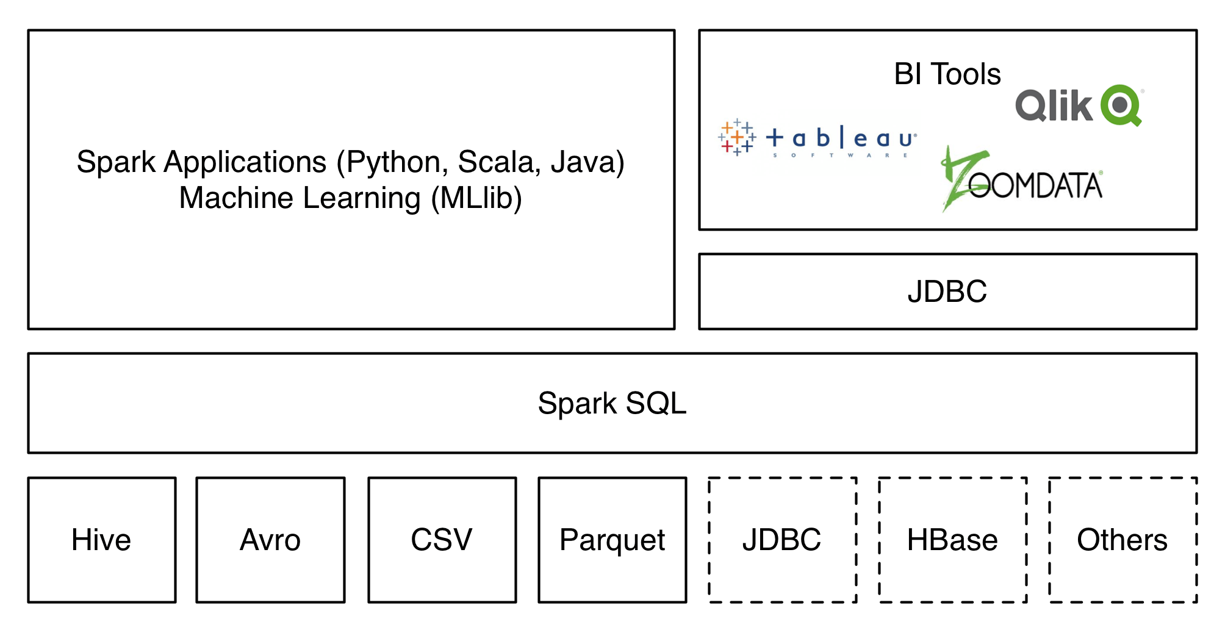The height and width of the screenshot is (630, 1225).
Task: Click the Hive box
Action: pos(102,540)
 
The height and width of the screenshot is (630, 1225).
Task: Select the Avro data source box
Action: pos(270,540)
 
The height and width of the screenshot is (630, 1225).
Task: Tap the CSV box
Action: pos(442,540)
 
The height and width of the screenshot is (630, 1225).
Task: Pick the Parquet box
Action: pos(612,540)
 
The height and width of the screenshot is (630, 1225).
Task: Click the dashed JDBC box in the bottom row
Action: pos(782,540)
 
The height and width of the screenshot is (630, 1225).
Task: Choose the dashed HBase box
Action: pos(952,540)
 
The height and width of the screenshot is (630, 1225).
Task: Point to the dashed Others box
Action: pos(1123,540)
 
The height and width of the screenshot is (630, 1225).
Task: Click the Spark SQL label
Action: pos(612,404)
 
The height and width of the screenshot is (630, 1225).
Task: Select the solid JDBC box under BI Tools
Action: pos(947,292)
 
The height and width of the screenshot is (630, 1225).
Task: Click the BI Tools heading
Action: pos(947,74)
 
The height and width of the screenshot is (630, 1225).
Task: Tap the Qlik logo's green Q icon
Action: pos(1121,105)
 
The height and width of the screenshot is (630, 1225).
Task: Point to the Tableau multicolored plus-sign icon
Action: pos(737,137)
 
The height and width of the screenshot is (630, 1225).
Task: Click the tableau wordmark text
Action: pos(841,139)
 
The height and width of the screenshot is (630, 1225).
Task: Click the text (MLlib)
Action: pos(476,198)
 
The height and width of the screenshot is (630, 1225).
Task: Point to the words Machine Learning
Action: pos(300,198)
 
